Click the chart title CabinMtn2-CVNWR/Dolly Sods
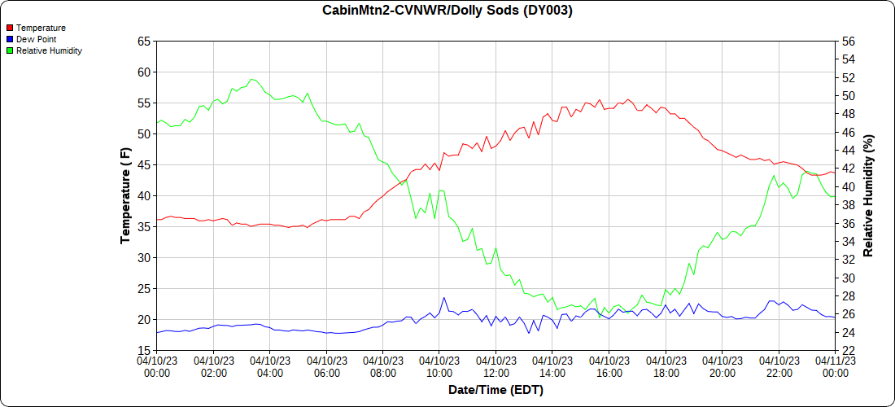tap(447, 11)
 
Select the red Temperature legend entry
tap(36, 28)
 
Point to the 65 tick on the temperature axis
tap(144, 41)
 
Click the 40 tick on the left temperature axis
tap(144, 195)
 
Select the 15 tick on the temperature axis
tap(144, 350)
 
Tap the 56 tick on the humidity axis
tap(849, 41)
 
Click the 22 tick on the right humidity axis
tap(849, 350)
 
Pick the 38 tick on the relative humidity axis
tap(849, 205)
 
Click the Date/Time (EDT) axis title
tap(496, 390)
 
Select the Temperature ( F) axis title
tap(125, 195)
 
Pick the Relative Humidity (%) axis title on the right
tap(868, 195)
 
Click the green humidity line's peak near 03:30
tap(253, 79)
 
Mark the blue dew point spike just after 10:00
tap(444, 298)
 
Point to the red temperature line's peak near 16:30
tap(627, 99)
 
